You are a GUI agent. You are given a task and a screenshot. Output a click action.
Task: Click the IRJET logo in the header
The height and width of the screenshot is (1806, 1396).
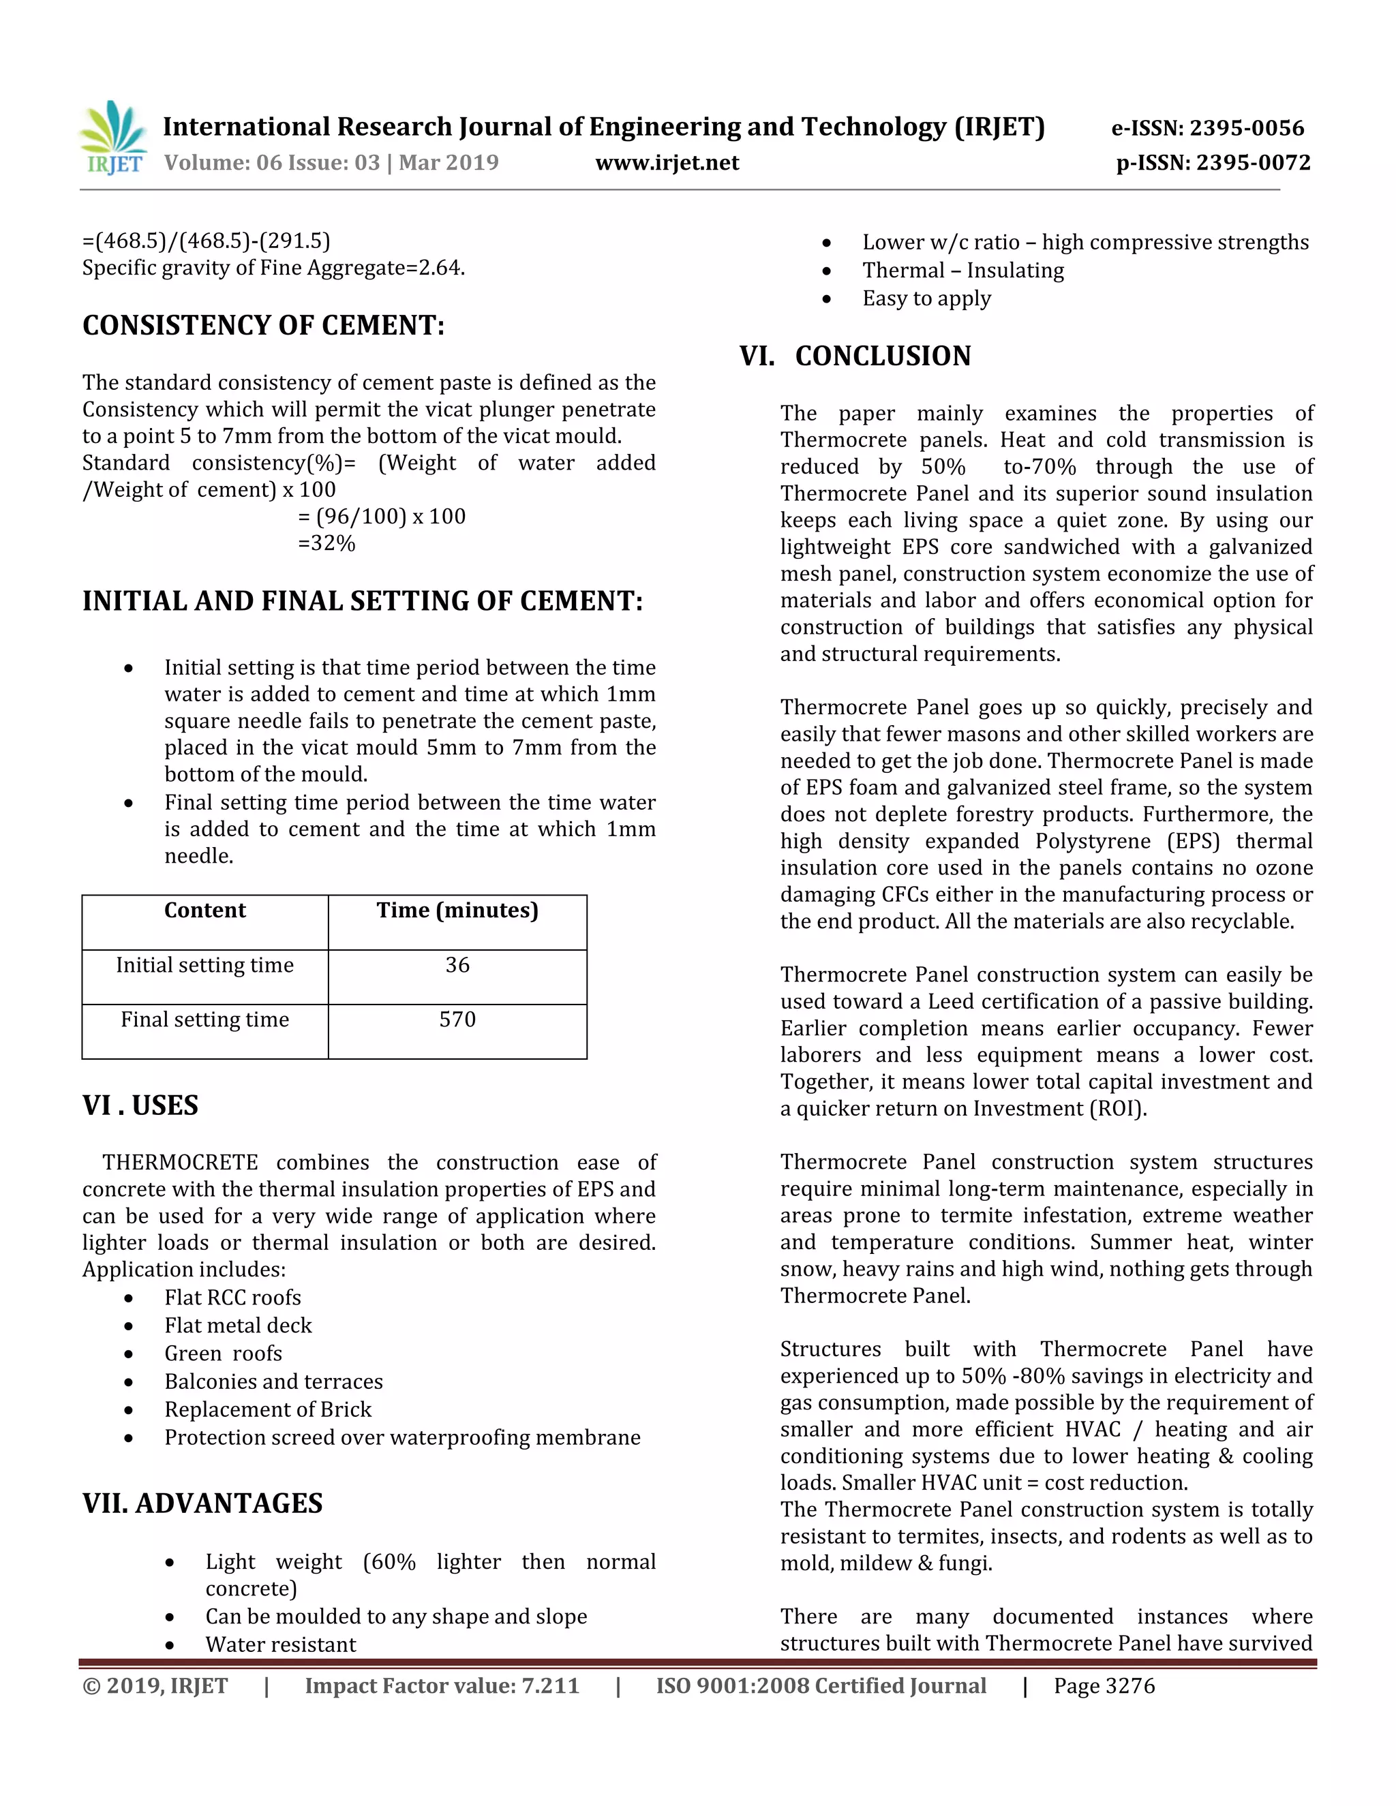[x=113, y=138]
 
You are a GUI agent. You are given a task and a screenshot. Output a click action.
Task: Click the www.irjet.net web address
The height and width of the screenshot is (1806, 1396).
[x=667, y=162]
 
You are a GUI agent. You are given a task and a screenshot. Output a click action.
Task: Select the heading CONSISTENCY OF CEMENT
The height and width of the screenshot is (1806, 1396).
[x=263, y=325]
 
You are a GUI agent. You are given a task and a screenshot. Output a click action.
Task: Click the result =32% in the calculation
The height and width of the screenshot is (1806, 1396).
[x=327, y=543]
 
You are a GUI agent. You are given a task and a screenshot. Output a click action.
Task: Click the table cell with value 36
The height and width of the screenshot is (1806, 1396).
[x=457, y=965]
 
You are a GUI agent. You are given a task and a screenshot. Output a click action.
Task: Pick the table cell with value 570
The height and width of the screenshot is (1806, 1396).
[x=457, y=1020]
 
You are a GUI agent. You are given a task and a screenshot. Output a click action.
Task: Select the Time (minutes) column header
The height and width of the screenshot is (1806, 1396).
[x=457, y=910]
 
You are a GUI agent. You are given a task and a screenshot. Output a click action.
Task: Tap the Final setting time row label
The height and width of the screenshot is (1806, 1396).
[x=205, y=1020]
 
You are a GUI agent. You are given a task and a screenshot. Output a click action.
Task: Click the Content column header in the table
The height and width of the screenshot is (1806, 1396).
[x=205, y=910]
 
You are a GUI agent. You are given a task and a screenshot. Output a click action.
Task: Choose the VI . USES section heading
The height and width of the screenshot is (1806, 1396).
[x=140, y=1105]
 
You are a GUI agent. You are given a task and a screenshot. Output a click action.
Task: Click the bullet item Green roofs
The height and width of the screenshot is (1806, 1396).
[x=224, y=1353]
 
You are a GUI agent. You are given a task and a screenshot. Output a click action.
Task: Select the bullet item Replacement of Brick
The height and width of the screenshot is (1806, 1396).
[x=268, y=1410]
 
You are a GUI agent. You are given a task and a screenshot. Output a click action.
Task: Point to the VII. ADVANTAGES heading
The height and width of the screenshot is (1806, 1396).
[x=202, y=1503]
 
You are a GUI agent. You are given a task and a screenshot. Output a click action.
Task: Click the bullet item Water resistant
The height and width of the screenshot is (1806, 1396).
[x=280, y=1644]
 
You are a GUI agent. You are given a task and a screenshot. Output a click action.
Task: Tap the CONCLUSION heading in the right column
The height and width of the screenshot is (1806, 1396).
[x=883, y=356]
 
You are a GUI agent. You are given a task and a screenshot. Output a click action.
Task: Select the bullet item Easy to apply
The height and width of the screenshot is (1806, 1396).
[x=926, y=299]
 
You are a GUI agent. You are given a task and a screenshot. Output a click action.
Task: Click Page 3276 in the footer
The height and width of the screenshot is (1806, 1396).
[x=1104, y=1686]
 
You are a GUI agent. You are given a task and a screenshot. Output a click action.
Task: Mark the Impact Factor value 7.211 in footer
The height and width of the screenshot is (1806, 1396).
[x=442, y=1686]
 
